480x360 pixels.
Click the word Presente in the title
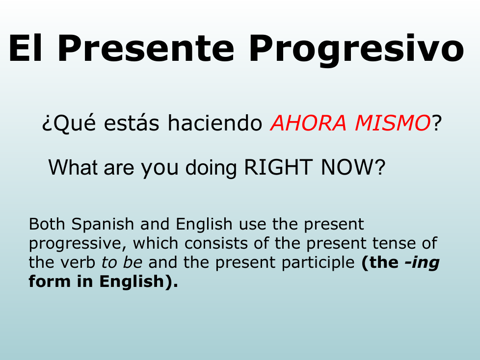(x=146, y=49)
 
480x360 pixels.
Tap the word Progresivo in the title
(x=357, y=51)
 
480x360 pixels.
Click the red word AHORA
(x=308, y=123)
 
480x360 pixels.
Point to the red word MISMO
(x=393, y=123)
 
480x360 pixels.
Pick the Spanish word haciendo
(x=214, y=122)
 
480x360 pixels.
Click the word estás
(x=132, y=122)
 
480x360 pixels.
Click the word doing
(x=211, y=169)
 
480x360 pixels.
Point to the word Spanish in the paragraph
(x=103, y=225)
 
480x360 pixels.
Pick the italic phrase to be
(x=122, y=262)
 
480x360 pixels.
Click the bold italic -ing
(x=422, y=263)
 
